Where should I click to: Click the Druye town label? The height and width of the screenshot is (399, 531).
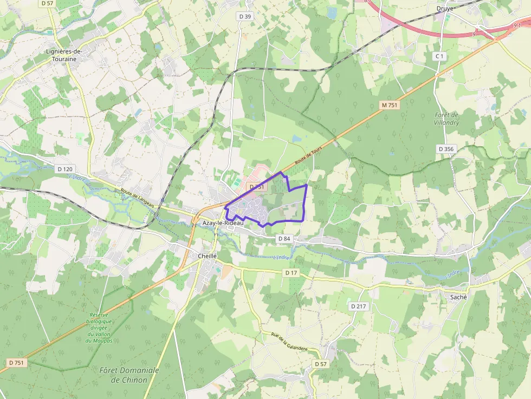445,8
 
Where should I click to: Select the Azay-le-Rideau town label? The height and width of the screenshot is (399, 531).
223,223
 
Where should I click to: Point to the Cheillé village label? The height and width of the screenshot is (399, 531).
207,256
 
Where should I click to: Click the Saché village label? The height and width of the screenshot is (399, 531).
458,297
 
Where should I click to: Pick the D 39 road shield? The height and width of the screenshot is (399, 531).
245,17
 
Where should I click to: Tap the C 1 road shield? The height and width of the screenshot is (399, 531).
439,56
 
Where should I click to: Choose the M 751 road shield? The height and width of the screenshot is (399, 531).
389,106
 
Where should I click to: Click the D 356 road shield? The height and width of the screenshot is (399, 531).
446,148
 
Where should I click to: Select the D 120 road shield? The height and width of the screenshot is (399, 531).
64,169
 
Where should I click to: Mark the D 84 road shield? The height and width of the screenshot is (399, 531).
284,238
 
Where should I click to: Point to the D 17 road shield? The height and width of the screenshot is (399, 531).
292,273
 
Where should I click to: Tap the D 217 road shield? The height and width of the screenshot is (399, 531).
359,306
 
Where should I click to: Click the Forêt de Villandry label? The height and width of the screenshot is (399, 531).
447,119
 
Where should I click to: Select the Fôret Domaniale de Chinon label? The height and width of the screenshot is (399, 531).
129,375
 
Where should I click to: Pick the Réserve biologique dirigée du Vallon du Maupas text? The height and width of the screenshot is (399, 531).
100,328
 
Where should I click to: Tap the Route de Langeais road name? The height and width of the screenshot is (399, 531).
138,197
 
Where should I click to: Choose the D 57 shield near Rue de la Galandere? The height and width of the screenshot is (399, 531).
321,364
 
